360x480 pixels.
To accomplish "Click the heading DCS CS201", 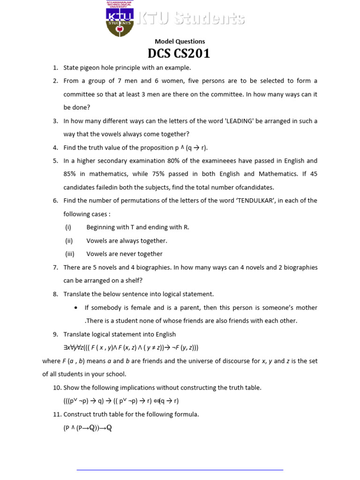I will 179,54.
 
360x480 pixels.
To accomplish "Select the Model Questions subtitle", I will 180,41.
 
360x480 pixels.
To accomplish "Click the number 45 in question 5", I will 314,174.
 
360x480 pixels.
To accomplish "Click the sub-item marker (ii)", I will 69,241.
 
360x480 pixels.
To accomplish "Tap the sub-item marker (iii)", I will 69,254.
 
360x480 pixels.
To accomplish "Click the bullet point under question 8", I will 76,308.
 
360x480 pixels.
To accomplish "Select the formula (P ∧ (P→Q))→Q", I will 88,428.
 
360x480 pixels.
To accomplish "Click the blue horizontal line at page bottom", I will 180,469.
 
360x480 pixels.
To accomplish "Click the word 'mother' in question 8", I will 307,308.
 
